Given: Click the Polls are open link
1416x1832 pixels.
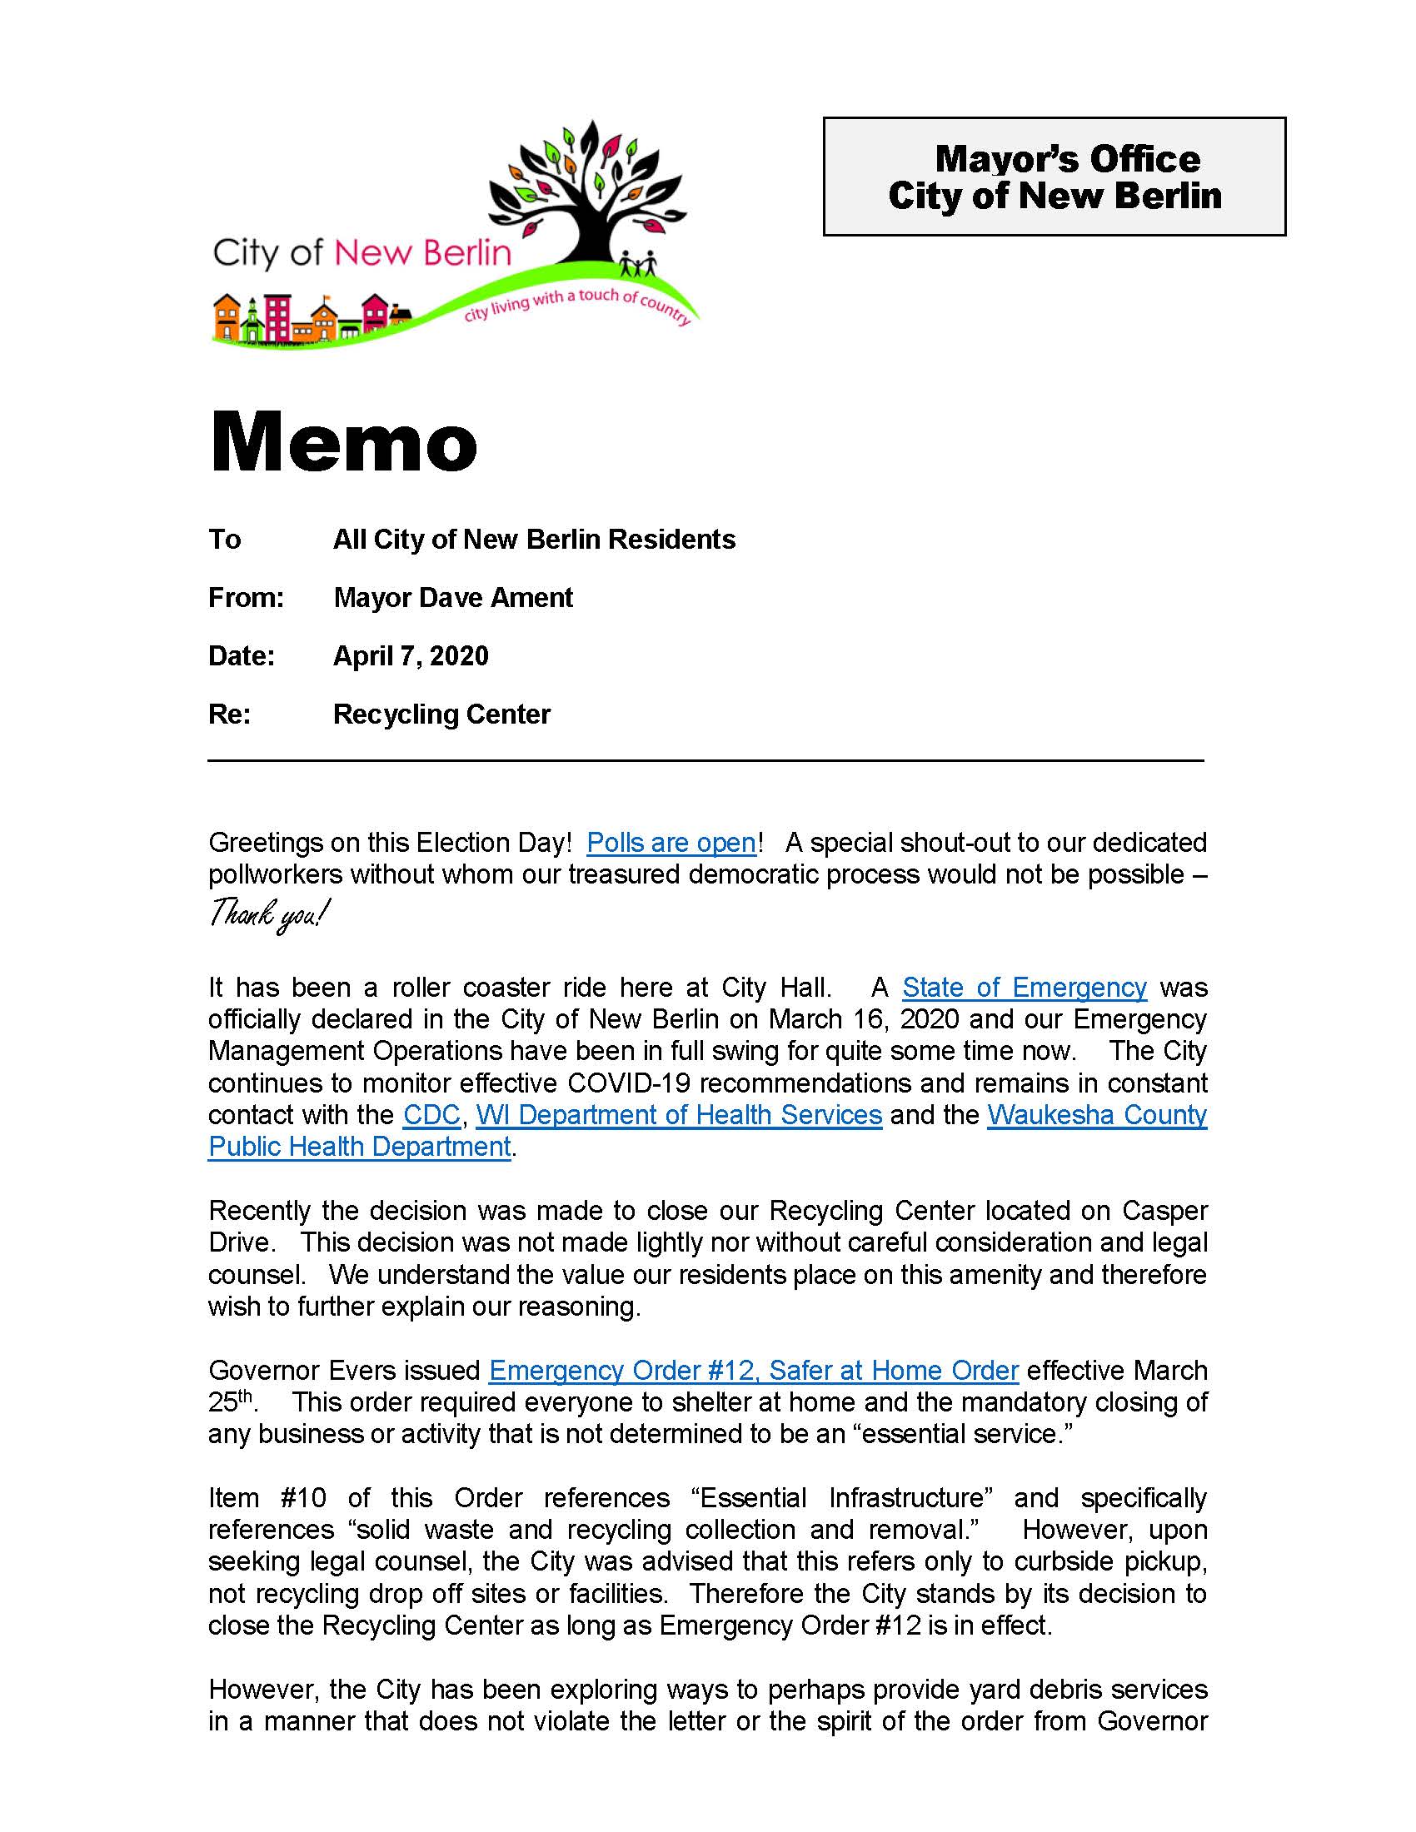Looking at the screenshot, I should (671, 842).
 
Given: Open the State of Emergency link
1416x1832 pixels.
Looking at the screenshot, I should (1024, 988).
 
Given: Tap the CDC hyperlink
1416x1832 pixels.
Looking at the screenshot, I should (431, 1115).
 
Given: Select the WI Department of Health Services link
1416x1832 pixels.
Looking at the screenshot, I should (679, 1115).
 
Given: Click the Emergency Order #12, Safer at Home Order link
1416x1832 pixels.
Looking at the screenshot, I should (753, 1371).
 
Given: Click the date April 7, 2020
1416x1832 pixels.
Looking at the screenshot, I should (410, 656).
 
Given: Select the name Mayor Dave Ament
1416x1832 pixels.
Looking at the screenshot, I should (453, 598).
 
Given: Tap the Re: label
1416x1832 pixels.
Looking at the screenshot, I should (229, 714).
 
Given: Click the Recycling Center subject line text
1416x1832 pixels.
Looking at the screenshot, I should (441, 714).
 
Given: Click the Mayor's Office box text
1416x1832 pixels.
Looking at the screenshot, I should (1054, 177).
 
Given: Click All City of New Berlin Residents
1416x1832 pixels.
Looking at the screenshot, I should (534, 540).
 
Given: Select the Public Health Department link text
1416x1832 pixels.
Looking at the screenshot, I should (359, 1147).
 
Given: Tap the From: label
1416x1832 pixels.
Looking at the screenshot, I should (246, 598).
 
